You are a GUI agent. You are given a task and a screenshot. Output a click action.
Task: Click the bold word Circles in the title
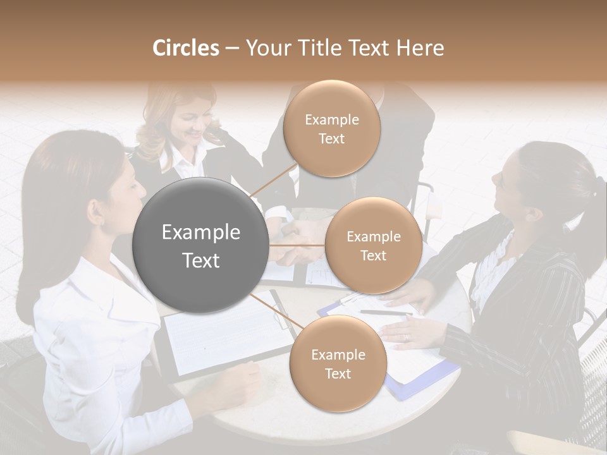tap(185, 48)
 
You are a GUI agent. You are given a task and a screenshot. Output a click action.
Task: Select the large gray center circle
tap(200, 245)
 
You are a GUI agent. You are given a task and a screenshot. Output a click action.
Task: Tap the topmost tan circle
tap(331, 129)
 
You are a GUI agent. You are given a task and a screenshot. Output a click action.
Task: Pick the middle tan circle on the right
tap(373, 245)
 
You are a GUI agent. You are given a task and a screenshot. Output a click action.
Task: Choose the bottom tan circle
tap(338, 363)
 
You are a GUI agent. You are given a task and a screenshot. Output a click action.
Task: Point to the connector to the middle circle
tap(297, 245)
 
